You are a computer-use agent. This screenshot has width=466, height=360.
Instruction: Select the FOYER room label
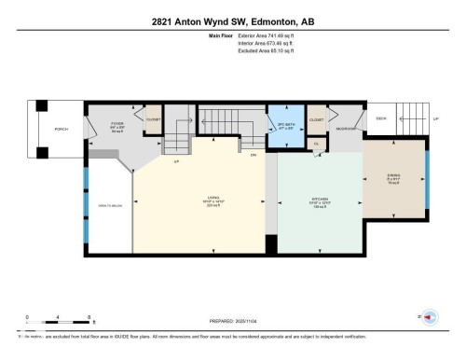coord(117,125)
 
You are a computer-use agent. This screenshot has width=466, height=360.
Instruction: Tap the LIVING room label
coord(212,199)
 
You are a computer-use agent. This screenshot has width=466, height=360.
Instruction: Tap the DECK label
coord(379,118)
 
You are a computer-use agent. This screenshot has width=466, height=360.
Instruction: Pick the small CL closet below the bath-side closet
coord(316,144)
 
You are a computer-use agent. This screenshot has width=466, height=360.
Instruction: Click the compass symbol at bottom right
coord(430,318)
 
